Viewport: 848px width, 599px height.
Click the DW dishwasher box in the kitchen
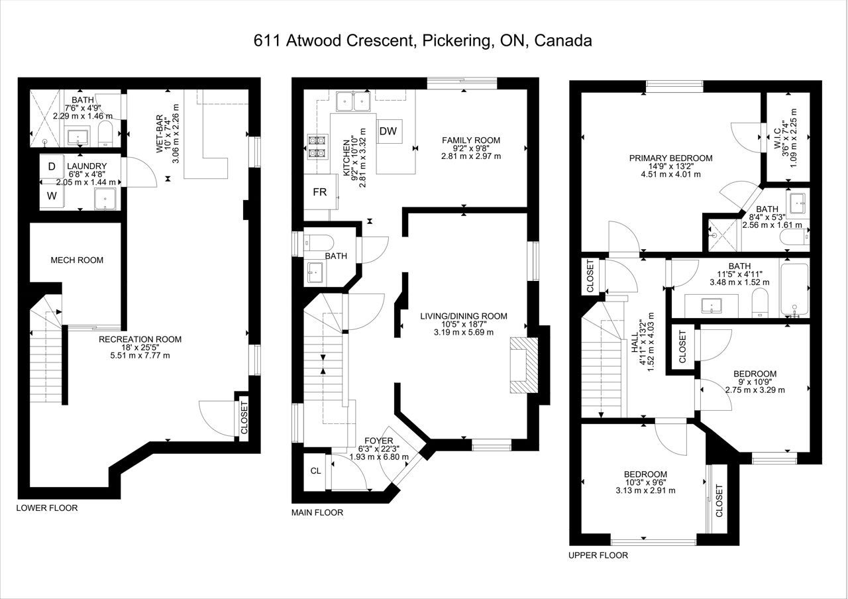click(x=389, y=131)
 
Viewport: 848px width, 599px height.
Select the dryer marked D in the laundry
click(x=52, y=166)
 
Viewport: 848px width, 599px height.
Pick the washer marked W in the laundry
click(x=52, y=195)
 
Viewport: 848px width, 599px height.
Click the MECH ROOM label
click(x=77, y=260)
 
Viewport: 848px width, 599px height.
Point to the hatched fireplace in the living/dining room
click(x=524, y=365)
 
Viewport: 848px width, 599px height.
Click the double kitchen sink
click(x=354, y=101)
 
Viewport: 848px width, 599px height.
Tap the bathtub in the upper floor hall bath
click(x=794, y=290)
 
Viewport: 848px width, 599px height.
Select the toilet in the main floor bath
click(x=319, y=242)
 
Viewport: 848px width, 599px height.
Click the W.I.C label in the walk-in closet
click(x=777, y=138)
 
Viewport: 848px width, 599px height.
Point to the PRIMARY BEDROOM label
click(x=670, y=158)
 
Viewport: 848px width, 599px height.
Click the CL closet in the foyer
click(x=315, y=470)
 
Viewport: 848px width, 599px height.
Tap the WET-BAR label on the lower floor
click(x=160, y=134)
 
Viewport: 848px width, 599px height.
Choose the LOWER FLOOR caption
click(x=47, y=508)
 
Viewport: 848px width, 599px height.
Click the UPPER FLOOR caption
click(x=598, y=555)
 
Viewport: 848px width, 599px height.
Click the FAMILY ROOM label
click(x=471, y=140)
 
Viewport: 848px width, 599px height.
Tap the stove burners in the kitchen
click(x=317, y=147)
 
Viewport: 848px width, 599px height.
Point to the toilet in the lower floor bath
click(x=105, y=133)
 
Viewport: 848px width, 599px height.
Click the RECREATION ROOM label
click(x=140, y=339)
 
